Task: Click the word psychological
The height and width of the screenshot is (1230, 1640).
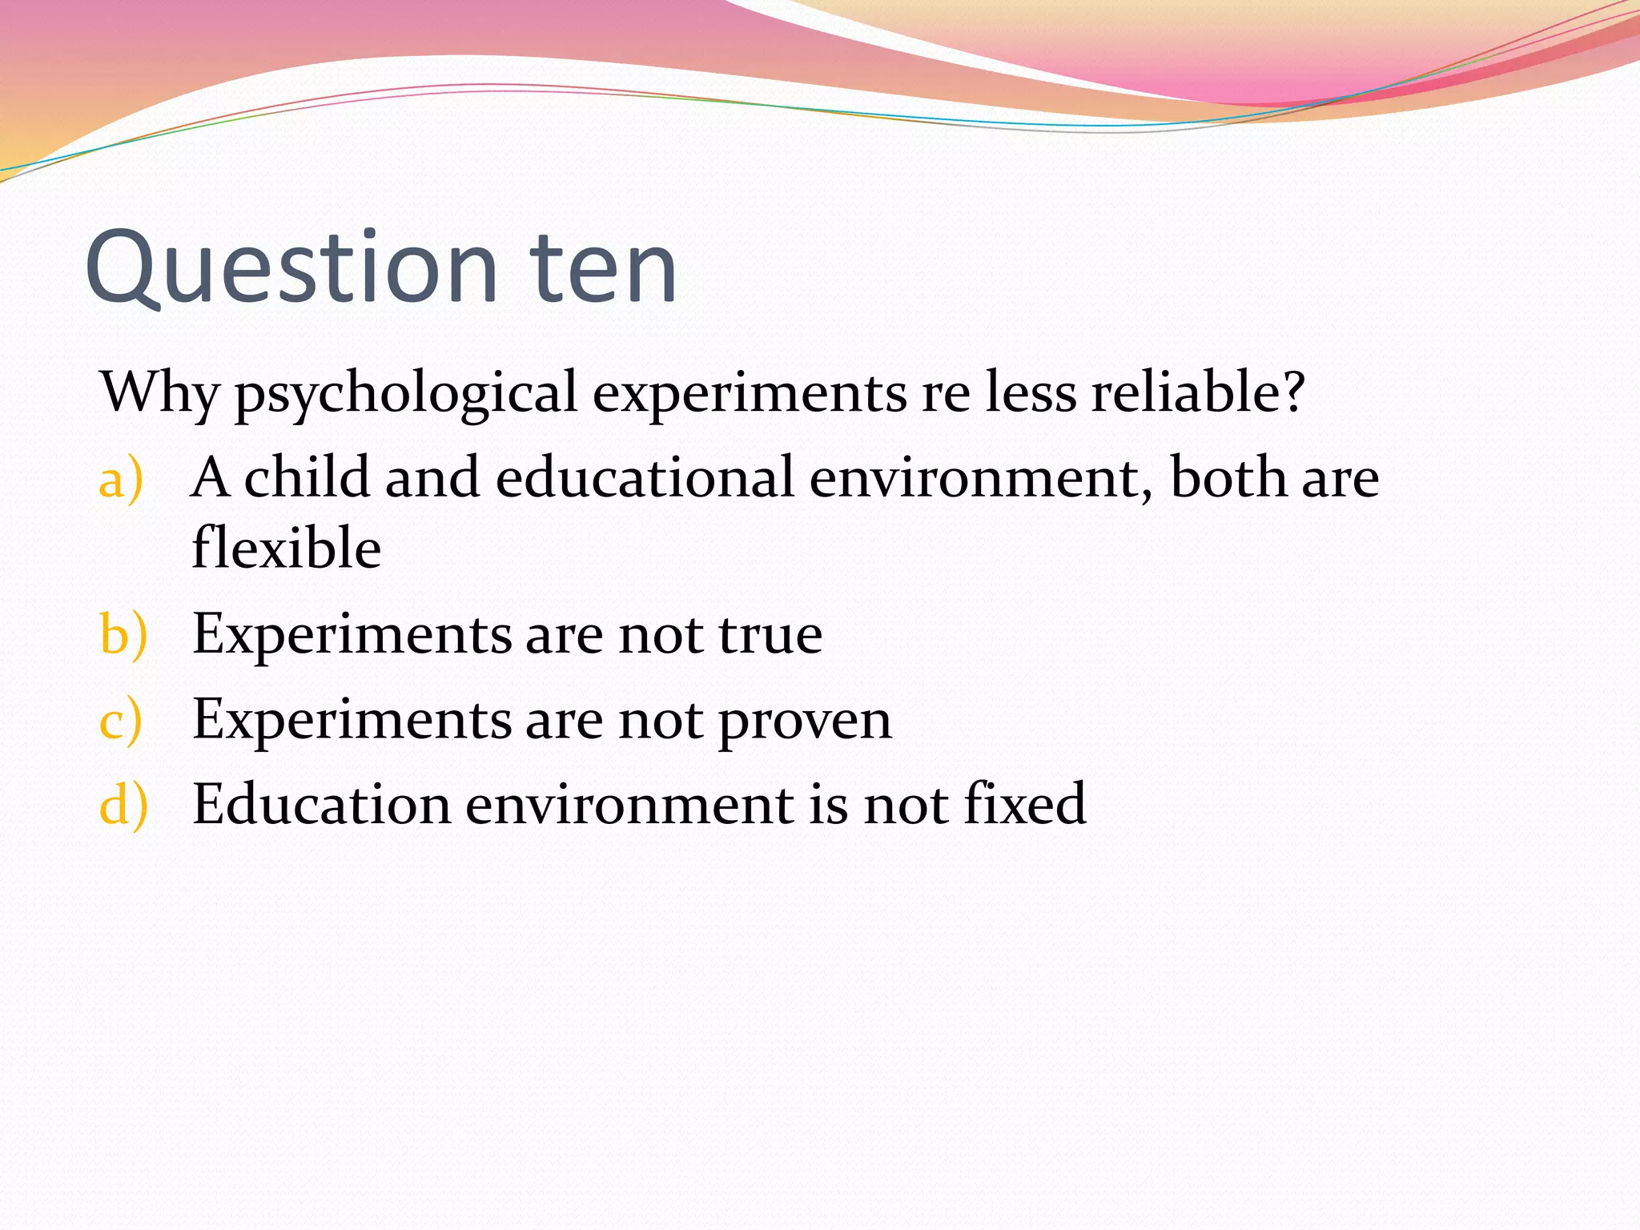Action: tap(406, 394)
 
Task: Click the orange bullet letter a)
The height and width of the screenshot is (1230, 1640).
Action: tap(121, 479)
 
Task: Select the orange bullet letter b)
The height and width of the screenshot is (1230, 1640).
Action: tap(123, 634)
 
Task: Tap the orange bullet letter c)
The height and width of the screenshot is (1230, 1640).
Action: tap(121, 719)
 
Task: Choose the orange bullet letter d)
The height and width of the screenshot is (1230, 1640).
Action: tap(123, 804)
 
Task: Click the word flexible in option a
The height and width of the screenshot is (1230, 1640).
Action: tap(287, 548)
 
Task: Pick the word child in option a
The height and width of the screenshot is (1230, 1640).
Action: tap(307, 477)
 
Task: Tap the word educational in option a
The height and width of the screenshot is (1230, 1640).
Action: tap(645, 477)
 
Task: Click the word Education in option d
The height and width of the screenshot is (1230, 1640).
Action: tap(321, 803)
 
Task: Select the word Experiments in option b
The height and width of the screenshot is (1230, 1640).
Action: tap(352, 634)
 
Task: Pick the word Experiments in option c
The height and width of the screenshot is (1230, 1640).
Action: tap(352, 719)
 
